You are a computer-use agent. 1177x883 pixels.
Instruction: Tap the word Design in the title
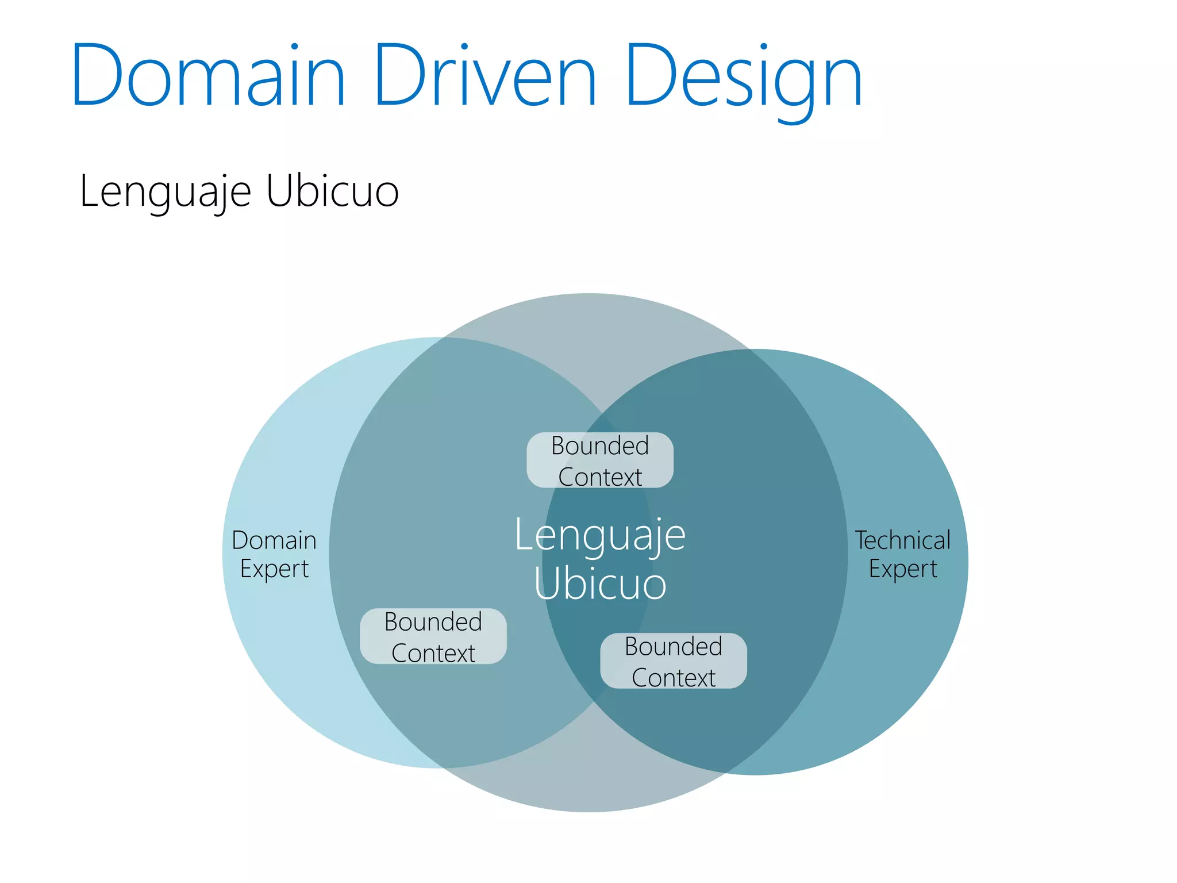coord(744,78)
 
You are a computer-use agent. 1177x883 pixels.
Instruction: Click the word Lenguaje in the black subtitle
coord(166,191)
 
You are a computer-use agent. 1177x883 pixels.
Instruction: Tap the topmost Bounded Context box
coord(600,460)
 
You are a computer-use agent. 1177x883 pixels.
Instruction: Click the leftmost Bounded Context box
coord(433,636)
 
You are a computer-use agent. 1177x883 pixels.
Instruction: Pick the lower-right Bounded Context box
coord(674,661)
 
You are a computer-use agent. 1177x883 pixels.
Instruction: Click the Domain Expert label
coord(274,554)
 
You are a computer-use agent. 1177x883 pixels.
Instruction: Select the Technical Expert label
coord(903,554)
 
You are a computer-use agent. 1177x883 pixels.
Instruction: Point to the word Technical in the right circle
coord(903,540)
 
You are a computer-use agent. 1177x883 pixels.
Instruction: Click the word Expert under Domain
coord(274,569)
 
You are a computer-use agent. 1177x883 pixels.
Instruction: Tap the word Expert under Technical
coord(903,569)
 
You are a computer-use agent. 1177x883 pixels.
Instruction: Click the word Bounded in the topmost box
coord(600,446)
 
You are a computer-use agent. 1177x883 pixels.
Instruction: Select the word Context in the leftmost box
coord(433,653)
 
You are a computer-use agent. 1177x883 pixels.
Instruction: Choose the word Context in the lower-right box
coord(674,678)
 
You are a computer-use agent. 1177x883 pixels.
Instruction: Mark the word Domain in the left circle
coord(274,540)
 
